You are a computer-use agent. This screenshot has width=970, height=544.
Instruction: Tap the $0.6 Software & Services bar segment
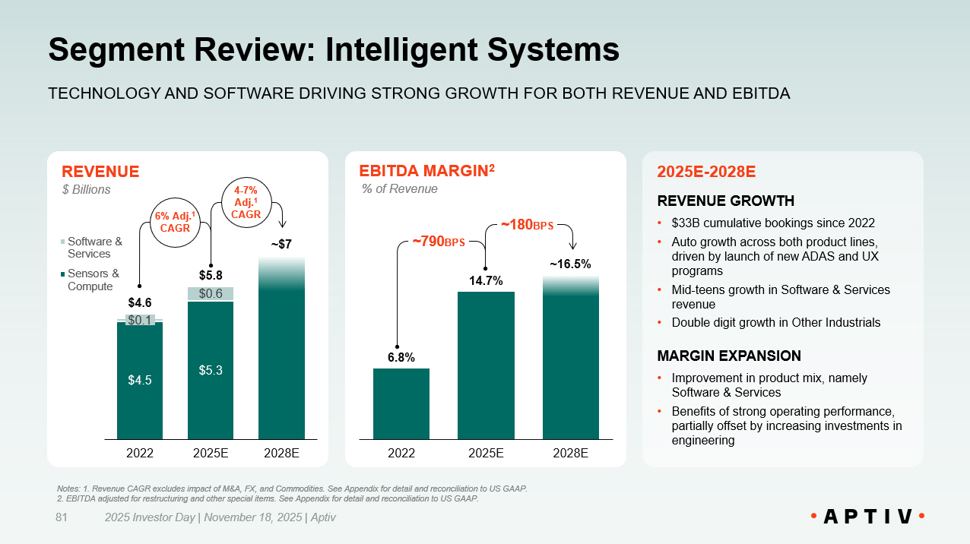click(x=211, y=293)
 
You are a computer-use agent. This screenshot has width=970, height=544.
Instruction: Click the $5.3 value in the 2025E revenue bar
click(x=211, y=370)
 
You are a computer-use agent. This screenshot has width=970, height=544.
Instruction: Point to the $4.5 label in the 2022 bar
click(x=140, y=381)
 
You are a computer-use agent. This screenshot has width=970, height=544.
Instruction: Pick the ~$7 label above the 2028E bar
click(x=281, y=245)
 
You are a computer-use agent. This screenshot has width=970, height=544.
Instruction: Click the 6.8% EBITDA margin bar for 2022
click(x=401, y=403)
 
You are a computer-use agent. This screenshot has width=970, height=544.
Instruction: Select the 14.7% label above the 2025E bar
click(x=486, y=280)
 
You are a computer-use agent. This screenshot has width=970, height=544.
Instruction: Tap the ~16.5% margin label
click(x=570, y=264)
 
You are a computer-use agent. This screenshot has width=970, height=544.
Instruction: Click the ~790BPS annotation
click(x=438, y=242)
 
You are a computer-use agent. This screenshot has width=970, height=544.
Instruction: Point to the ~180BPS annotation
click(x=527, y=225)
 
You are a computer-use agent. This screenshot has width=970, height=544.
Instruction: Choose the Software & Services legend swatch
click(x=64, y=242)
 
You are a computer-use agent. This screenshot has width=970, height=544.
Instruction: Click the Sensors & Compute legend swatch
click(x=64, y=274)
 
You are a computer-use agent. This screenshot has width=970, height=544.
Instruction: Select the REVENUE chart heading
click(x=100, y=172)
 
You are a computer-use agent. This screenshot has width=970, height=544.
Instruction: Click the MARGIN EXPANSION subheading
click(x=728, y=356)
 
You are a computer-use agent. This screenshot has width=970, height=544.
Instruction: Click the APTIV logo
click(x=867, y=517)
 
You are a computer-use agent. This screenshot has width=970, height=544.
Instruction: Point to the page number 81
click(x=62, y=517)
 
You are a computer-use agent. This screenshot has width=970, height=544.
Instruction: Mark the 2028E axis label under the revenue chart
click(x=281, y=454)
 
